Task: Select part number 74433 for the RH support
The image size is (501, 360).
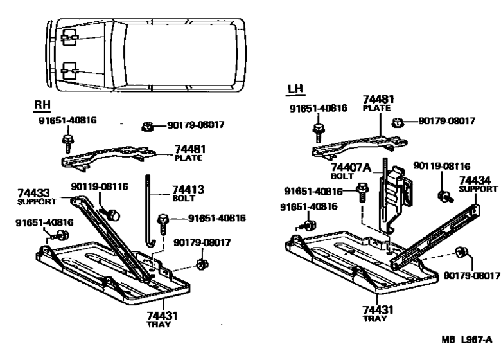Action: point(33,193)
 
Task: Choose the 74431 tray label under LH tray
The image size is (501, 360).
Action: point(379,311)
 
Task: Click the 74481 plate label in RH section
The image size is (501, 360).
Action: point(189,148)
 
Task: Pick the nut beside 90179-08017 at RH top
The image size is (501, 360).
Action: point(147,126)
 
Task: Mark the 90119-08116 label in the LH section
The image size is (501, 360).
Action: point(444,166)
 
